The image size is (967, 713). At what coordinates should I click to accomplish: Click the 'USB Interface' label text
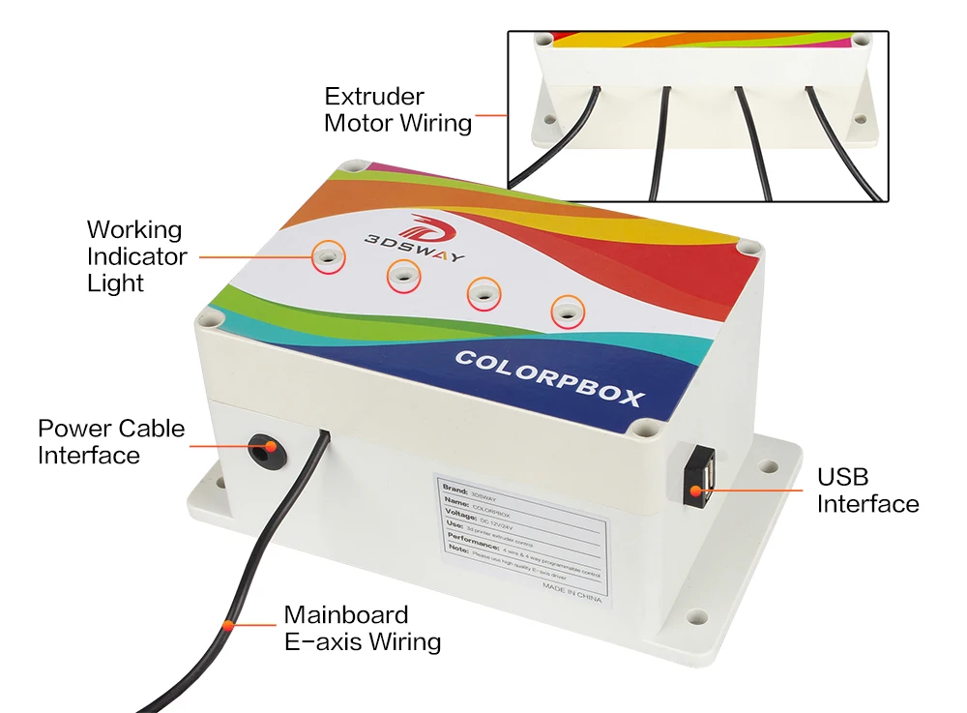click(x=867, y=490)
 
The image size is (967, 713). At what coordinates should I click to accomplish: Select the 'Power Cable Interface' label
click(x=111, y=441)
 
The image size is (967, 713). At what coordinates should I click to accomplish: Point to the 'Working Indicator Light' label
click(x=136, y=256)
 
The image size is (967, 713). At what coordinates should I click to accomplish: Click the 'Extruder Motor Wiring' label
click(x=397, y=109)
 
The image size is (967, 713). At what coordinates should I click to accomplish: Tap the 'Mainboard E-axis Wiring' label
click(x=362, y=628)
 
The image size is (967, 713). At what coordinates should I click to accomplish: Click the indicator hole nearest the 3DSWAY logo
click(x=329, y=255)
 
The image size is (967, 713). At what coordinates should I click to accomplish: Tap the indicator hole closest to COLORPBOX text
click(x=566, y=312)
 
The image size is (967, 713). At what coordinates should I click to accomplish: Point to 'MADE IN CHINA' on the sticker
click(x=571, y=591)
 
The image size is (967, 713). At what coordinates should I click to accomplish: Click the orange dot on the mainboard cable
click(x=227, y=624)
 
